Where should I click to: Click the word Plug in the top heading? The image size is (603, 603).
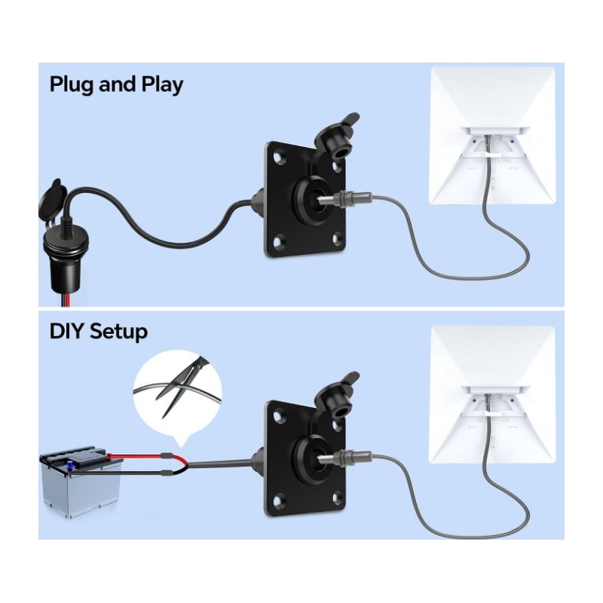pyautogui.click(x=72, y=84)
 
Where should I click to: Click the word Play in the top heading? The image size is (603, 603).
pyautogui.click(x=162, y=84)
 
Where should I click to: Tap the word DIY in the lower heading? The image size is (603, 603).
pyautogui.click(x=66, y=331)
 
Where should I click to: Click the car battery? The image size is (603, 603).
pyautogui.click(x=81, y=482)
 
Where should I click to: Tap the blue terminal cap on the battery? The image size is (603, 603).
pyautogui.click(x=70, y=466)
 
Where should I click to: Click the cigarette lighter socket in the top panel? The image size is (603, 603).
pyautogui.click(x=65, y=246)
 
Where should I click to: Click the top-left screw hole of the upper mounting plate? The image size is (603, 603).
pyautogui.click(x=277, y=158)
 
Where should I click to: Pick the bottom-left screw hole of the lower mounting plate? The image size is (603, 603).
pyautogui.click(x=277, y=500)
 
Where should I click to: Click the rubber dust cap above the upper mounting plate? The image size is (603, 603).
pyautogui.click(x=336, y=136)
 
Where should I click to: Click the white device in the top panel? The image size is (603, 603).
pyautogui.click(x=492, y=136)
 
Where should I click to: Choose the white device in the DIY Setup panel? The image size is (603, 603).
pyautogui.click(x=492, y=394)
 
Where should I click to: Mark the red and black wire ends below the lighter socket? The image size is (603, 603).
pyautogui.click(x=64, y=299)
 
